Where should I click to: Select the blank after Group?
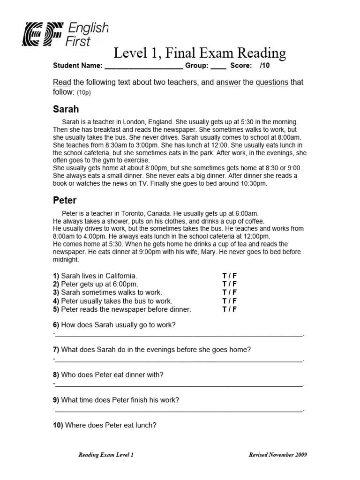(218, 66)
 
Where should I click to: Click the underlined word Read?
(60, 82)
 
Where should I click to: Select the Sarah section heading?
(66, 110)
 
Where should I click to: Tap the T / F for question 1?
(229, 276)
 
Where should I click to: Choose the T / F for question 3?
(229, 292)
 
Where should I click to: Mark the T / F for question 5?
(229, 309)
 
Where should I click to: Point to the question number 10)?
(58, 426)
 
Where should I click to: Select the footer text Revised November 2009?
(277, 455)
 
